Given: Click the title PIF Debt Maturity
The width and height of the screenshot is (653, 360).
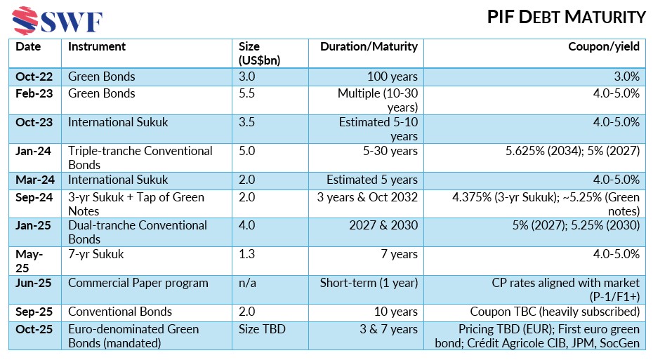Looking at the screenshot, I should (566, 17).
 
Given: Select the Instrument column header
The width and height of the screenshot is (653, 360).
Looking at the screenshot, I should (97, 47).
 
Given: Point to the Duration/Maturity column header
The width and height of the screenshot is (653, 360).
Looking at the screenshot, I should (369, 47).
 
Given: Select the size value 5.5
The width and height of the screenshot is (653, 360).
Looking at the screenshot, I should (246, 93).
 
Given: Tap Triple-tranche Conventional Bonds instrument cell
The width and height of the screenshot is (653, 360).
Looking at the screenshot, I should (140, 156).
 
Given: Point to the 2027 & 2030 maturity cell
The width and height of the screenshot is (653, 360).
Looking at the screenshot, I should (383, 226).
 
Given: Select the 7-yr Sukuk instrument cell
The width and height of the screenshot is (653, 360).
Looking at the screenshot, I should (96, 255).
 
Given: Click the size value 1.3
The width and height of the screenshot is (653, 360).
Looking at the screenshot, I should (246, 255).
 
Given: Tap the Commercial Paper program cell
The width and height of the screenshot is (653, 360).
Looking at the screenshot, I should (138, 284).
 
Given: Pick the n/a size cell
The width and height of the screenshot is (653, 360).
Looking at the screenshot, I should (246, 284).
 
